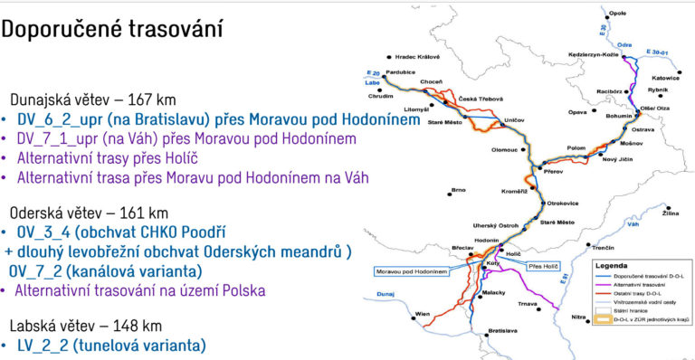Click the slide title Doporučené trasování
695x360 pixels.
112,29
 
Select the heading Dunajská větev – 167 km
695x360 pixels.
92,99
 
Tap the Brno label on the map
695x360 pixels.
458,190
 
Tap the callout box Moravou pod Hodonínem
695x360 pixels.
415,270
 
